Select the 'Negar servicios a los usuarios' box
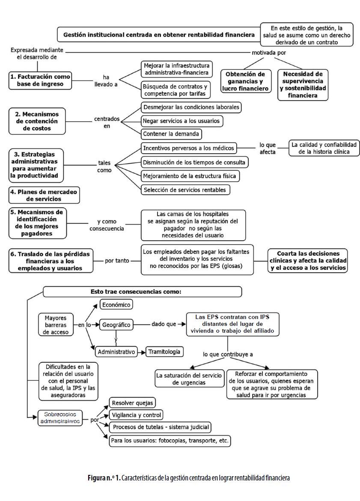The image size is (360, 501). click(181, 121)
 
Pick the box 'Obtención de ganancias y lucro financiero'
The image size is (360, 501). click(246, 81)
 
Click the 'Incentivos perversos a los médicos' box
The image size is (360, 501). click(188, 148)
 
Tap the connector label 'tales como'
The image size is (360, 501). click(104, 166)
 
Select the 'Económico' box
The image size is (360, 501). click(116, 304)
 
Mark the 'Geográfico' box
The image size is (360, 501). click(116, 325)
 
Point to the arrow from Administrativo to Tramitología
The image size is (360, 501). click(141, 352)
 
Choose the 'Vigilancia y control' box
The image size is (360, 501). click(136, 415)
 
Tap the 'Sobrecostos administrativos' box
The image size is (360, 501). click(60, 417)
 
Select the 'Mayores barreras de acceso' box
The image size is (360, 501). click(56, 325)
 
